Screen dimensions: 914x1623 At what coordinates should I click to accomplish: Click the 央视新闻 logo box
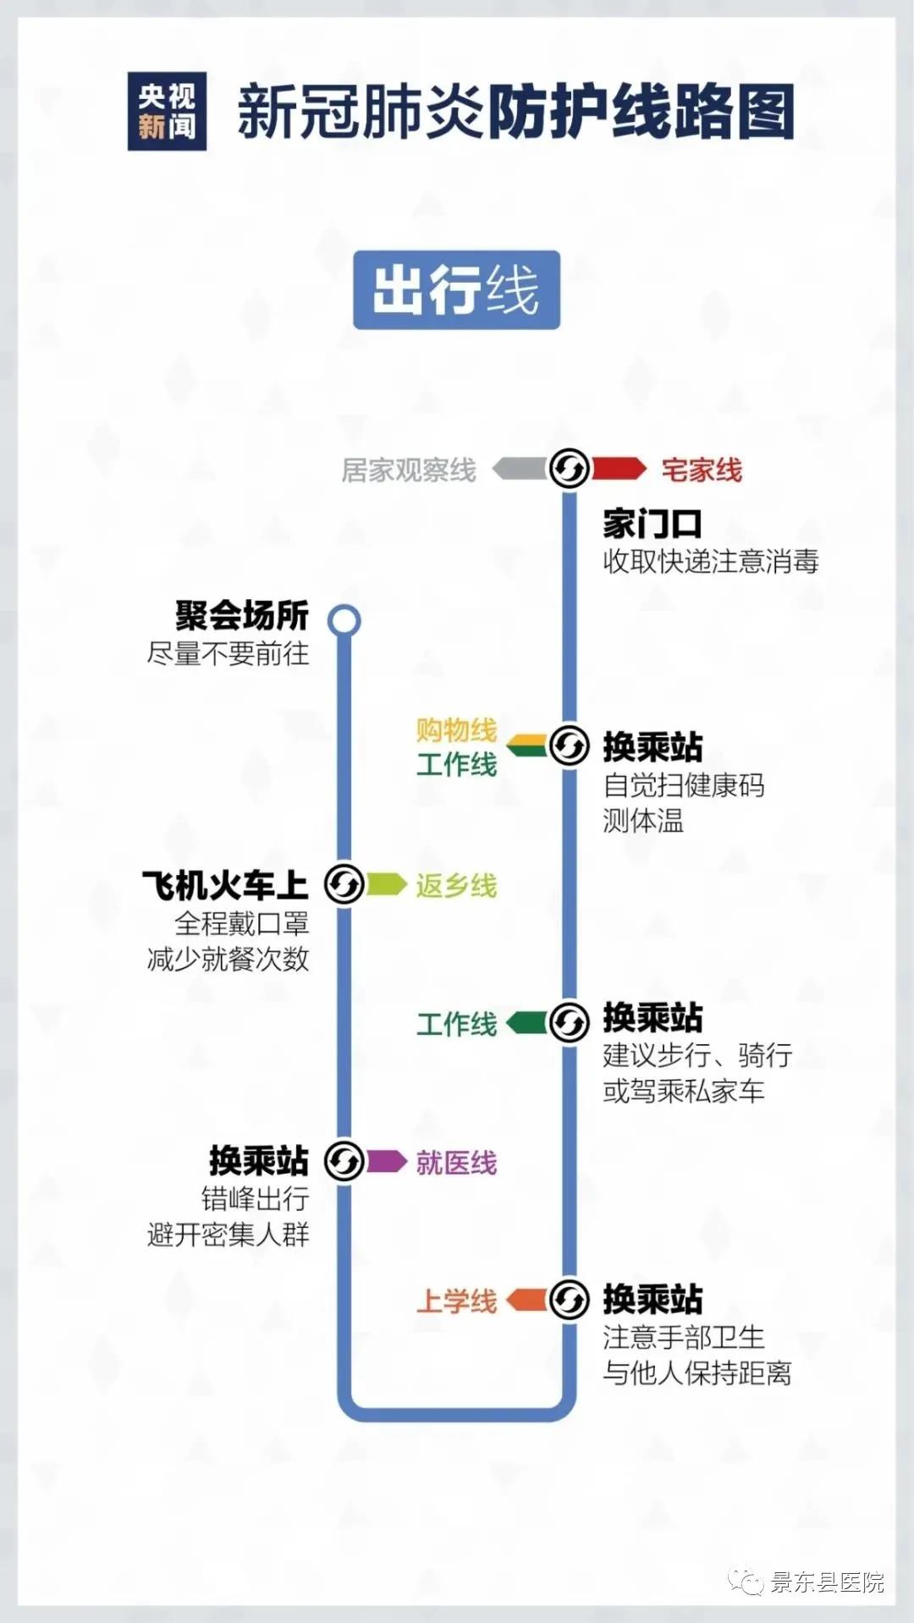click(x=167, y=112)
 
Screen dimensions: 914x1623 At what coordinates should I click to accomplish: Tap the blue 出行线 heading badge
click(x=457, y=289)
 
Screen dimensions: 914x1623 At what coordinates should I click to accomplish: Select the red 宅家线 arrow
click(x=619, y=468)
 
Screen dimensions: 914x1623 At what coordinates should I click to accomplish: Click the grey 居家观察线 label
click(x=409, y=470)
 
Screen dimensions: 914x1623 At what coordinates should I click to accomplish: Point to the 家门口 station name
click(x=652, y=524)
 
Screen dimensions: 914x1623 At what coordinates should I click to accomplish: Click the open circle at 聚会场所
click(x=344, y=621)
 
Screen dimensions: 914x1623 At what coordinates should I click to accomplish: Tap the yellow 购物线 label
click(x=456, y=729)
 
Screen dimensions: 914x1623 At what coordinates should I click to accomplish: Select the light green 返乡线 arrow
click(x=386, y=884)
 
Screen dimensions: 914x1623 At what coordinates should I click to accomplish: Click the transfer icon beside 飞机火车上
click(x=344, y=884)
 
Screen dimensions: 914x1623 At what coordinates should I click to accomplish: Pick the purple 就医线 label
click(x=456, y=1163)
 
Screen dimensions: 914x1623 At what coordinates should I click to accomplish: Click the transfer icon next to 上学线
click(x=569, y=1300)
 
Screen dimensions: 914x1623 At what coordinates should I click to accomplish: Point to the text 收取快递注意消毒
click(x=711, y=561)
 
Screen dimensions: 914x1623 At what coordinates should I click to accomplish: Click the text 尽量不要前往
click(x=228, y=653)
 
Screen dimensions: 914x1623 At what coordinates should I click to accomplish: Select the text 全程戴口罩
click(x=242, y=922)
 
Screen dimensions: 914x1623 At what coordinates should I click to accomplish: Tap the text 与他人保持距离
click(x=697, y=1373)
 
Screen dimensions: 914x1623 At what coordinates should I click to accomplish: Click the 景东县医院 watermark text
click(x=827, y=1582)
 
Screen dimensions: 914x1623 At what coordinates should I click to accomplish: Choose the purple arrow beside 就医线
click(x=386, y=1161)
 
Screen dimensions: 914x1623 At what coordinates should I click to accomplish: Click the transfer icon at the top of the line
click(x=569, y=468)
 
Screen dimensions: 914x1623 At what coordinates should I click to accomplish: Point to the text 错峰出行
click(x=256, y=1198)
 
